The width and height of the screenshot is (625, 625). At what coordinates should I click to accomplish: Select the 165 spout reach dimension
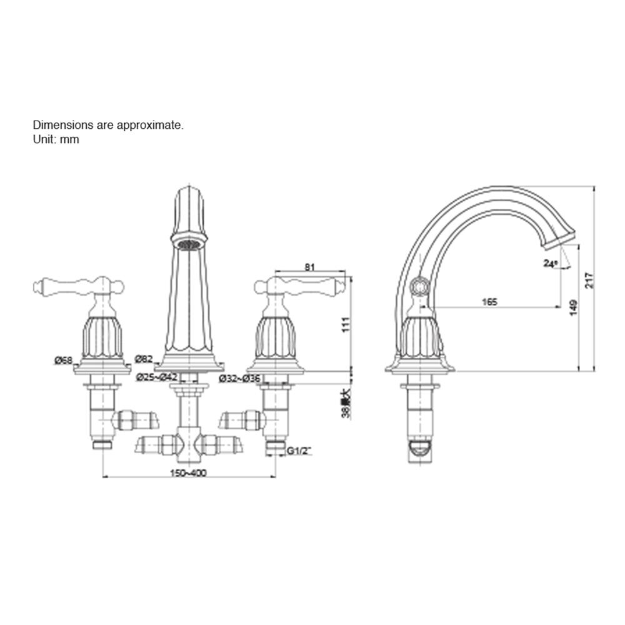pyautogui.click(x=490, y=302)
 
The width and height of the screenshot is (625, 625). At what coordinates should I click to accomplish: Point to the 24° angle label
pyautogui.click(x=550, y=264)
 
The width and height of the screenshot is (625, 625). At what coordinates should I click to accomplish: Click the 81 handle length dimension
pyautogui.click(x=309, y=267)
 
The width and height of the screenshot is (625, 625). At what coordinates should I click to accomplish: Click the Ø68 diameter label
pyautogui.click(x=63, y=361)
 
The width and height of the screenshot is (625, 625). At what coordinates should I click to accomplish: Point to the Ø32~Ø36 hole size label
pyautogui.click(x=239, y=378)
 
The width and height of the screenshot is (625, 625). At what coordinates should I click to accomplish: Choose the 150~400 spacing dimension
pyautogui.click(x=187, y=472)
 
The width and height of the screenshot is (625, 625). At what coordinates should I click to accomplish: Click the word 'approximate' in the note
pyautogui.click(x=150, y=125)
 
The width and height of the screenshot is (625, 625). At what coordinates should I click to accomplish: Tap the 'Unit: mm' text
pyautogui.click(x=56, y=139)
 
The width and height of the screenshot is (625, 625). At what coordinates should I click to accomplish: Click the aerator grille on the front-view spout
pyautogui.click(x=188, y=242)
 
